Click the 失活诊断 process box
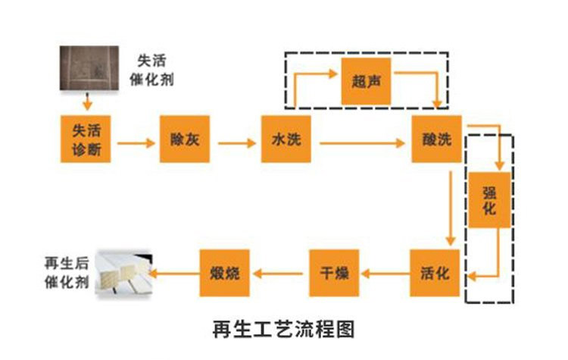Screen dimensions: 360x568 click(85, 139)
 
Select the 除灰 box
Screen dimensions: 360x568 click(184, 139)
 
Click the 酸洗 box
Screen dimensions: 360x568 click(437, 139)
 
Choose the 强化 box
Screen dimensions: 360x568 click(489, 201)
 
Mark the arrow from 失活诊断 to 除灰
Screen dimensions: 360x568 click(135, 140)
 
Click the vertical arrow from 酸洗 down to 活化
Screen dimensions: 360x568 click(451, 206)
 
